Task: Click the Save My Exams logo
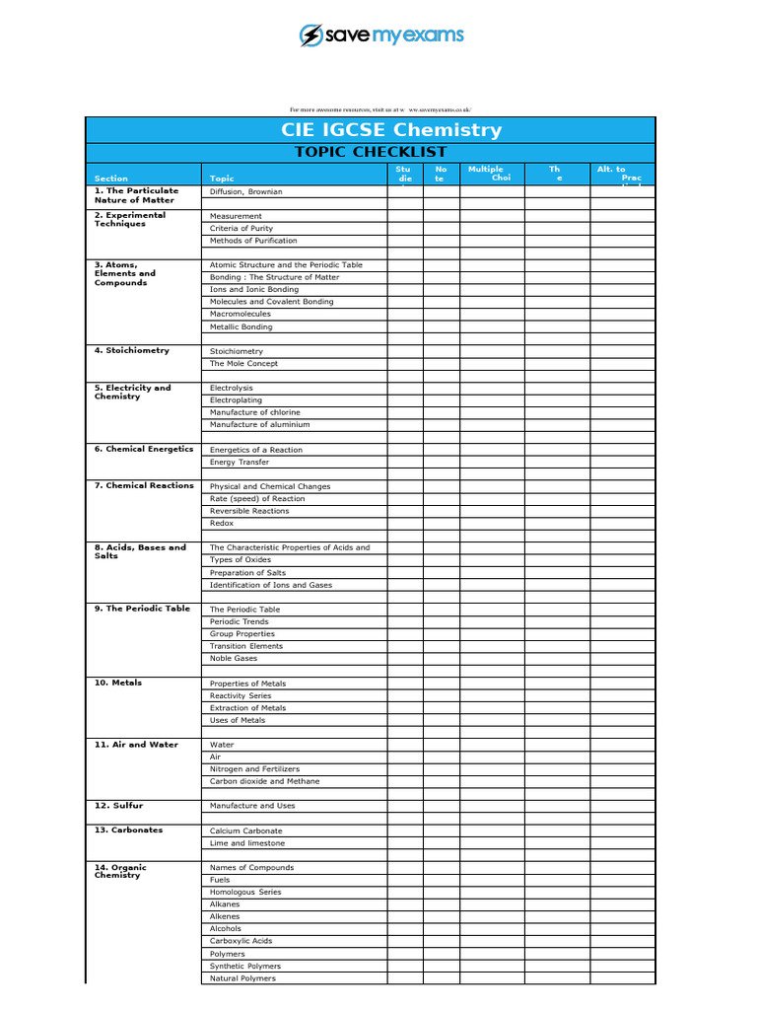tap(380, 36)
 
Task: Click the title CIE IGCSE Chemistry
tap(391, 130)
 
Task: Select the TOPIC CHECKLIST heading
tap(371, 152)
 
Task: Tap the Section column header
tap(111, 179)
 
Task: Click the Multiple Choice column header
tap(489, 174)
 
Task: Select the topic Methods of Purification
tap(253, 241)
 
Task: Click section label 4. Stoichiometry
tap(132, 350)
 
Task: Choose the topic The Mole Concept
tap(244, 364)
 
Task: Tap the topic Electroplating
tap(236, 400)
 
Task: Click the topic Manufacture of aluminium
tap(260, 425)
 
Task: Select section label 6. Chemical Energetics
tap(144, 449)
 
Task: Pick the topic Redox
tap(222, 524)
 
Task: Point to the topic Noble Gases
tap(234, 659)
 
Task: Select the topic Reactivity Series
tap(241, 695)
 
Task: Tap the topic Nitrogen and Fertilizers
tap(255, 769)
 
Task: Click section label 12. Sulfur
tap(119, 806)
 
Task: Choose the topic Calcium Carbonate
tap(246, 830)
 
